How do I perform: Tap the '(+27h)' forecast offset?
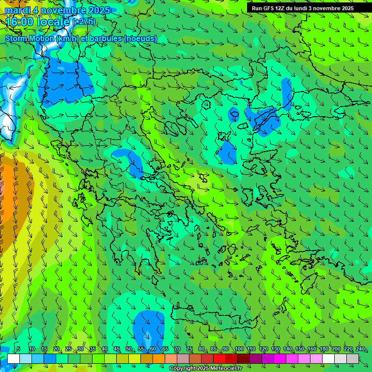pos(84,22)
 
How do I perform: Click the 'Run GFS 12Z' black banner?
pos(302,8)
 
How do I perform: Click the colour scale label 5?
pos(18,349)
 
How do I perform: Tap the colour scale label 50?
pos(129,349)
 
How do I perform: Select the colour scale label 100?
pos(239,349)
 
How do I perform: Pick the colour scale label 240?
pos(360,349)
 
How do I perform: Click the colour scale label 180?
pos(324,349)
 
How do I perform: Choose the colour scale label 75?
pos(189,349)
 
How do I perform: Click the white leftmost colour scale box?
pos(13,358)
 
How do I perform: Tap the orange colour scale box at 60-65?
pos(159,358)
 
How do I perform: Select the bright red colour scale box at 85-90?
pos(219,358)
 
